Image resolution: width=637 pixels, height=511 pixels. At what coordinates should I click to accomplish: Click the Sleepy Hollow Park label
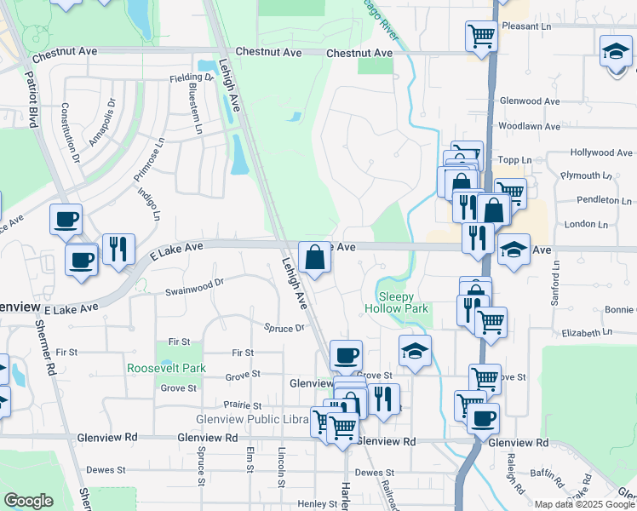(x=397, y=302)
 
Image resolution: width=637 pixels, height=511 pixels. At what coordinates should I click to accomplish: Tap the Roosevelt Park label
(x=167, y=368)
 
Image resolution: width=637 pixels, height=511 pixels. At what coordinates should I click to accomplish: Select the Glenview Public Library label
(x=251, y=420)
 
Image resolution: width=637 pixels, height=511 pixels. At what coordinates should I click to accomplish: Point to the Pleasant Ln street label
(x=528, y=26)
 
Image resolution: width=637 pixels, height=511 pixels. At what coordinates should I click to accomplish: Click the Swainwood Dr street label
(x=194, y=286)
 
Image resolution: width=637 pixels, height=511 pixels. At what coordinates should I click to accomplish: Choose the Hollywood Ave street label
(x=601, y=152)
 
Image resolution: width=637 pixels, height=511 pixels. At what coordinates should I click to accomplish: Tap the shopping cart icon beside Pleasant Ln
(x=481, y=37)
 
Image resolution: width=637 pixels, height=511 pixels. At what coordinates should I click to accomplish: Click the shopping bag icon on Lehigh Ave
(x=315, y=256)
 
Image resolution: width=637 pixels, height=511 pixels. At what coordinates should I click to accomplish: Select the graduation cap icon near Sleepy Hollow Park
(x=415, y=350)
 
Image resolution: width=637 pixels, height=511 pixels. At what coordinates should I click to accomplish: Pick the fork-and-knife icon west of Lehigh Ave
(x=118, y=249)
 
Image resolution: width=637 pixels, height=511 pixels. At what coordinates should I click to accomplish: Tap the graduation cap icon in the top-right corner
(x=616, y=52)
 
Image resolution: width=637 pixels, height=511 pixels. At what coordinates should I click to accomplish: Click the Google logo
(x=29, y=500)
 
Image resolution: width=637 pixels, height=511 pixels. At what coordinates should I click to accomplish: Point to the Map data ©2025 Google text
(x=584, y=504)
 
